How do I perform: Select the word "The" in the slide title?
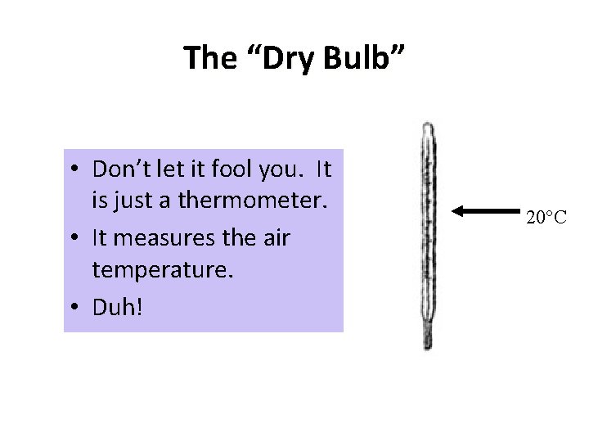click(209, 59)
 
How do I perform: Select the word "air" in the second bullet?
click(276, 237)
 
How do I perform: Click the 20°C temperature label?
click(546, 218)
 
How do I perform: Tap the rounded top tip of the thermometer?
click(427, 127)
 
